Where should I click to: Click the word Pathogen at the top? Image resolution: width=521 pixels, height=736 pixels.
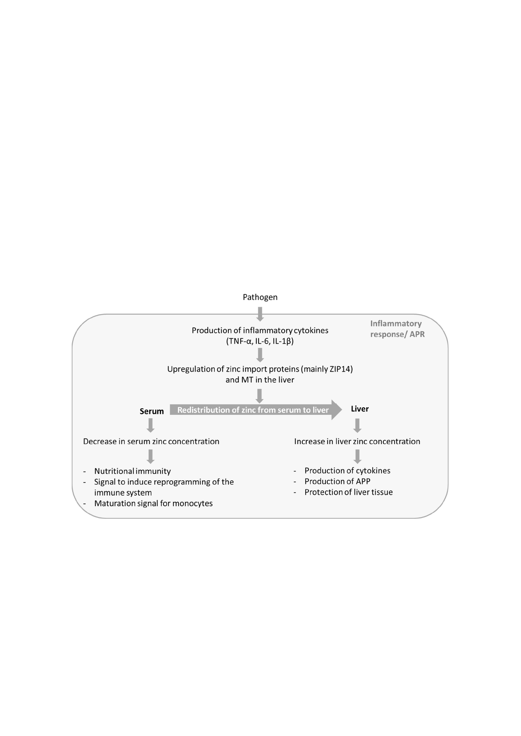click(260, 297)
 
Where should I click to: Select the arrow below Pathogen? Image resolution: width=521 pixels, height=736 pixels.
click(260, 314)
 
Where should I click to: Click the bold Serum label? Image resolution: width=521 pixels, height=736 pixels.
click(152, 411)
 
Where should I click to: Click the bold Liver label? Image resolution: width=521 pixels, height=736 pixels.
click(360, 409)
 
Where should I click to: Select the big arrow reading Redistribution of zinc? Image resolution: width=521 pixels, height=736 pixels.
click(256, 410)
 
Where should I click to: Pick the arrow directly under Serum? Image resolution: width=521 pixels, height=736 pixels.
click(150, 425)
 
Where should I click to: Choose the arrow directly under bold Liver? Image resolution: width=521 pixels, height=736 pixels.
click(357, 425)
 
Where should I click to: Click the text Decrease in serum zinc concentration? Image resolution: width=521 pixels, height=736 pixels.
click(151, 441)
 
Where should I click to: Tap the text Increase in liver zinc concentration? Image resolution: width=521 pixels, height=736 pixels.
click(357, 441)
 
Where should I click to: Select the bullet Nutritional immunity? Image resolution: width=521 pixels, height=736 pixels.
click(133, 471)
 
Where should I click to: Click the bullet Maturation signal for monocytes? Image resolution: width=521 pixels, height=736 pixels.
click(154, 503)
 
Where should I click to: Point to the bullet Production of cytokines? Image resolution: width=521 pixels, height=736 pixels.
click(347, 471)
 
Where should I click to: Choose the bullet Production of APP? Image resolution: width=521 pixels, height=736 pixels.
click(337, 481)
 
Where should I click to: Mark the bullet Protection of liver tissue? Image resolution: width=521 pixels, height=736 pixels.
click(349, 492)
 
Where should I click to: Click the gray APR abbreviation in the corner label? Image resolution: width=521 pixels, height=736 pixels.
click(417, 334)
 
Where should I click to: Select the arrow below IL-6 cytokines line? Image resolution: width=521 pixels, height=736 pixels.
click(260, 355)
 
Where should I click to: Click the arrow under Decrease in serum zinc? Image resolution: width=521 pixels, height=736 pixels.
click(150, 456)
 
